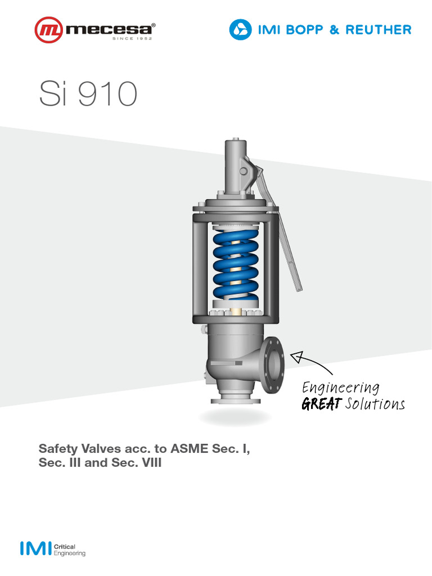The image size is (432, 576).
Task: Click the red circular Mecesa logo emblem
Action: tap(49, 30)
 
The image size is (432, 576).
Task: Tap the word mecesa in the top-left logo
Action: tap(109, 29)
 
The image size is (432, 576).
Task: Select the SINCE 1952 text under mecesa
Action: tap(132, 38)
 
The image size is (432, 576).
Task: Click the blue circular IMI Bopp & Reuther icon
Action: tap(240, 29)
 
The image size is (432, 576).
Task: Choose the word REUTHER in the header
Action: tap(379, 30)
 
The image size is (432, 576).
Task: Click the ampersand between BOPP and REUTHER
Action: tap(334, 30)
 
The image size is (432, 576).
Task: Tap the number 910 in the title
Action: tap(107, 94)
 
